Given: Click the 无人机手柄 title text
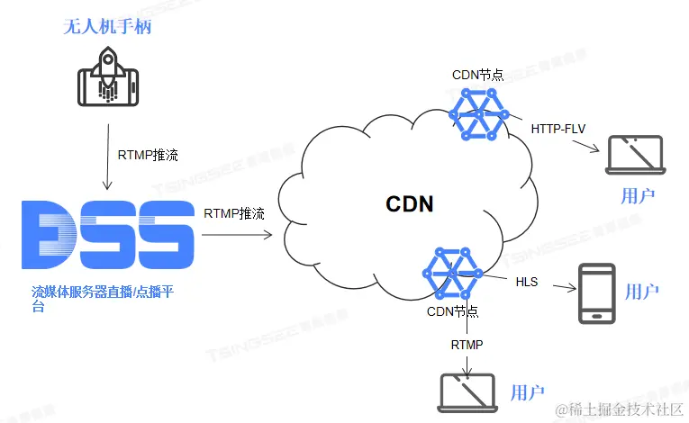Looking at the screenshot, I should click(107, 27).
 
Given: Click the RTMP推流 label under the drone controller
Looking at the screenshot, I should click(148, 155).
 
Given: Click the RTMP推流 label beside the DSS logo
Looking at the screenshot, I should click(234, 214).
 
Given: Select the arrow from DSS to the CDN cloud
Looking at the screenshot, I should click(237, 236).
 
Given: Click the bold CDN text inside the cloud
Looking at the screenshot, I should click(410, 204).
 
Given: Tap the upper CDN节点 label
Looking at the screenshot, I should click(477, 75).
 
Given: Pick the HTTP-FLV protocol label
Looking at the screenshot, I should click(558, 129).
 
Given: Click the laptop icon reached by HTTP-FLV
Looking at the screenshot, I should click(634, 155).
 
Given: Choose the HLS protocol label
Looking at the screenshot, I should click(527, 283).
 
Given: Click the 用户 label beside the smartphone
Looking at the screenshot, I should click(642, 292).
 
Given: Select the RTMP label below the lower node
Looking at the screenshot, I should click(467, 345).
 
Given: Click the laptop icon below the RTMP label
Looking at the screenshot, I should click(467, 391).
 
